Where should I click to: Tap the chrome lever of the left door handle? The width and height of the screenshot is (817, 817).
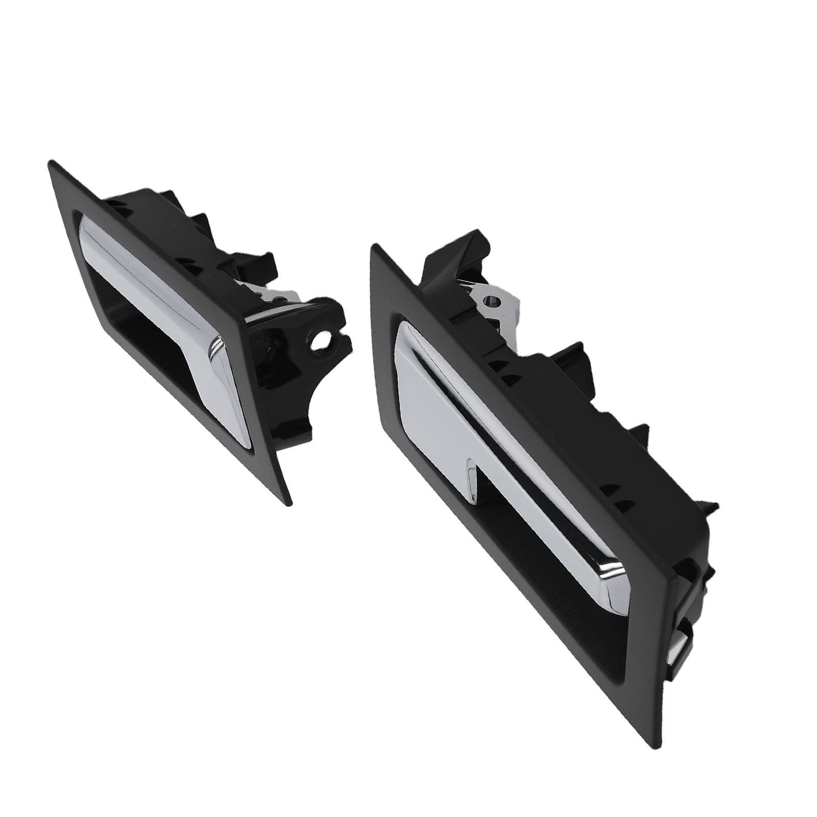pos(169,286)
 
